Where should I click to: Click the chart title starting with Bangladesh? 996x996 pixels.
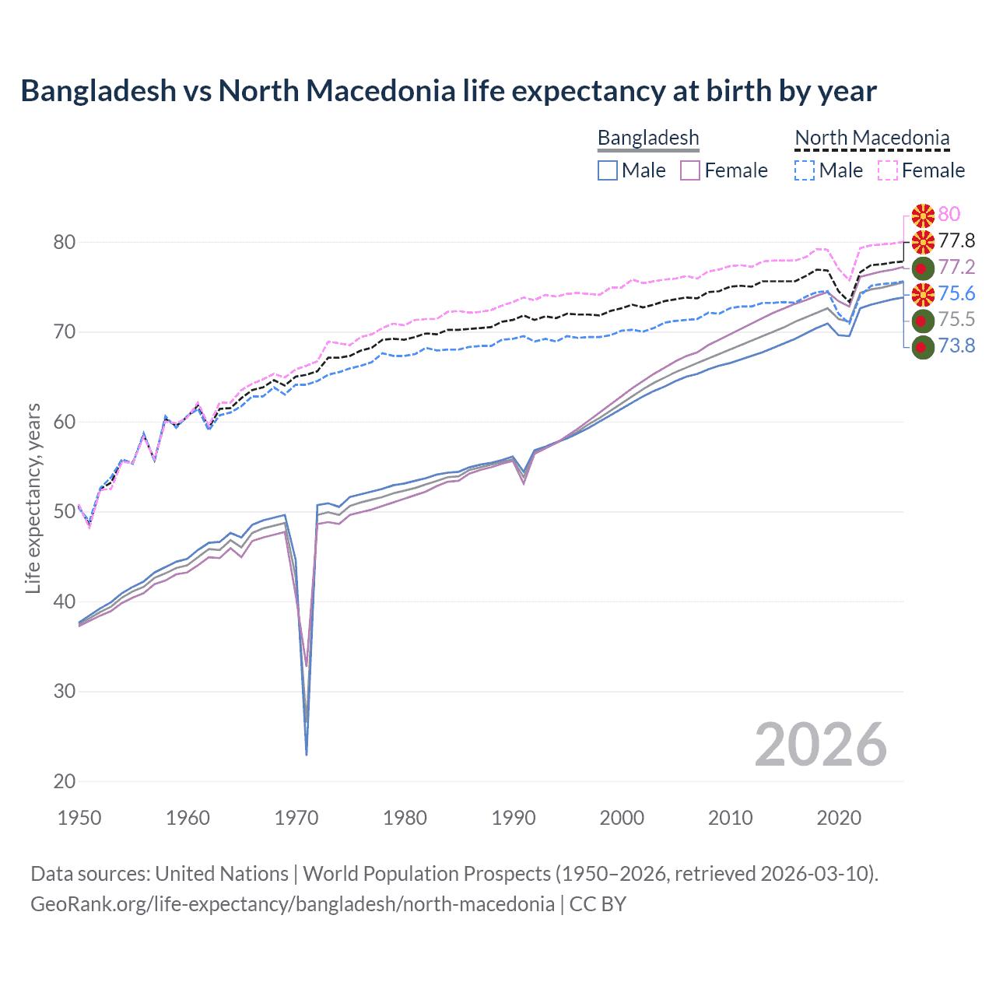(x=448, y=91)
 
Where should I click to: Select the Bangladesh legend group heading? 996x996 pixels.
(x=648, y=138)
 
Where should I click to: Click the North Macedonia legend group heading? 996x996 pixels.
(x=871, y=138)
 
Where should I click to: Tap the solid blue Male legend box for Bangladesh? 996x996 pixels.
(x=608, y=170)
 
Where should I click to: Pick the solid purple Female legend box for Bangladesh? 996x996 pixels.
(x=691, y=170)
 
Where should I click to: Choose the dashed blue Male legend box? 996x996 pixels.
(x=805, y=170)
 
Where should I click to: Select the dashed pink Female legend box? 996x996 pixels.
(x=888, y=170)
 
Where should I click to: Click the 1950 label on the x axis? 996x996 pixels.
(x=79, y=818)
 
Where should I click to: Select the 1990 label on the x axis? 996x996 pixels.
(x=514, y=818)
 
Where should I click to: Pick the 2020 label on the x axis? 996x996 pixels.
(x=839, y=818)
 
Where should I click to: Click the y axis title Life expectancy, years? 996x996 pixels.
(x=33, y=498)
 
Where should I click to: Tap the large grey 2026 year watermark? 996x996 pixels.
(x=820, y=745)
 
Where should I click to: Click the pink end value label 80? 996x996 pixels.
(x=949, y=214)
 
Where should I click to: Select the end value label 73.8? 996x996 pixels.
(x=956, y=345)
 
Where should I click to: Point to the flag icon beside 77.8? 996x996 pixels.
(x=923, y=241)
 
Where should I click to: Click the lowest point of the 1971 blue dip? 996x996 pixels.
(x=307, y=754)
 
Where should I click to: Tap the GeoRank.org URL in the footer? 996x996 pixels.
(x=292, y=904)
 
